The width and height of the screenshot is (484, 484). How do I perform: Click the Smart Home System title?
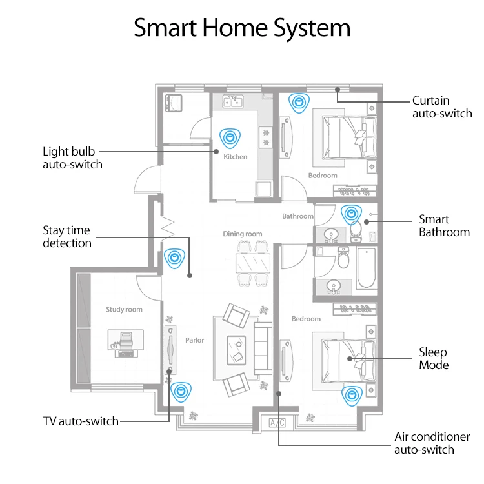coord(242,28)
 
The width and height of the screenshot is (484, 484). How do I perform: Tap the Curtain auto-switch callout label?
coord(442,107)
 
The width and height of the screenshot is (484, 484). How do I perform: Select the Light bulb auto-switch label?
coord(72,157)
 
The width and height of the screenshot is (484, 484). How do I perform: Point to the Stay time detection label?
coord(67,236)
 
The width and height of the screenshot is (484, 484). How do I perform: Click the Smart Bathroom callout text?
coord(444,225)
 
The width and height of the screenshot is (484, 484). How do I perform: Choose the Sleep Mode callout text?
coord(433,359)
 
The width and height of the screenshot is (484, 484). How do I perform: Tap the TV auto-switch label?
coord(81,421)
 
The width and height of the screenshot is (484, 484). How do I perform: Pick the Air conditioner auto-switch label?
coord(424,443)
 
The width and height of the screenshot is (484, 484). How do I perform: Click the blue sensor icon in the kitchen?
coord(228,137)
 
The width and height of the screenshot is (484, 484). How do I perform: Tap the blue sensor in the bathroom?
coord(350,213)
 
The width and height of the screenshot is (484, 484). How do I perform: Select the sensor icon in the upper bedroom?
coord(298,101)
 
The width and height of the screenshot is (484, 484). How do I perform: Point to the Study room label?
coord(124,310)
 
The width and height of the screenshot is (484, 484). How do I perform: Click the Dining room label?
coord(243,234)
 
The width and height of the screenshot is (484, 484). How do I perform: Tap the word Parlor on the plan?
coord(194,340)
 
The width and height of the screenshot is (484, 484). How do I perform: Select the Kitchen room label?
coord(235,157)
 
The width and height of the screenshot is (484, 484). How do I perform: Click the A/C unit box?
coord(277,423)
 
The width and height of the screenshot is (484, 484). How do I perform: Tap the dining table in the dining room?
coord(252,262)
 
